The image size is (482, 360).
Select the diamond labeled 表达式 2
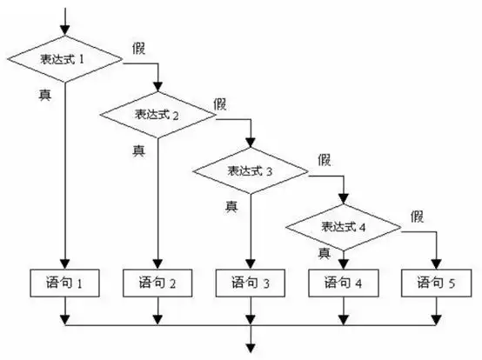(157, 114)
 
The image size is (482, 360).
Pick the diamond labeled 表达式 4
(345, 227)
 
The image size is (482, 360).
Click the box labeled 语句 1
(65, 282)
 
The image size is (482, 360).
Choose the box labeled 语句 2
(157, 282)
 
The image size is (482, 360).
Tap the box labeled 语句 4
(345, 282)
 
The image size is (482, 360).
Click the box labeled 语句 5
(437, 282)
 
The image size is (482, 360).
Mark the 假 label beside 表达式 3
(325, 159)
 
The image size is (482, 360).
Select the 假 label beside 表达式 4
(418, 215)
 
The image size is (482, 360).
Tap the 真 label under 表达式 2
(137, 150)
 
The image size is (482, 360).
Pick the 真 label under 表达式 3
(231, 206)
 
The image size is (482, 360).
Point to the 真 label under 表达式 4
(324, 253)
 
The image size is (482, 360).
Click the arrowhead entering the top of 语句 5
(437, 264)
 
